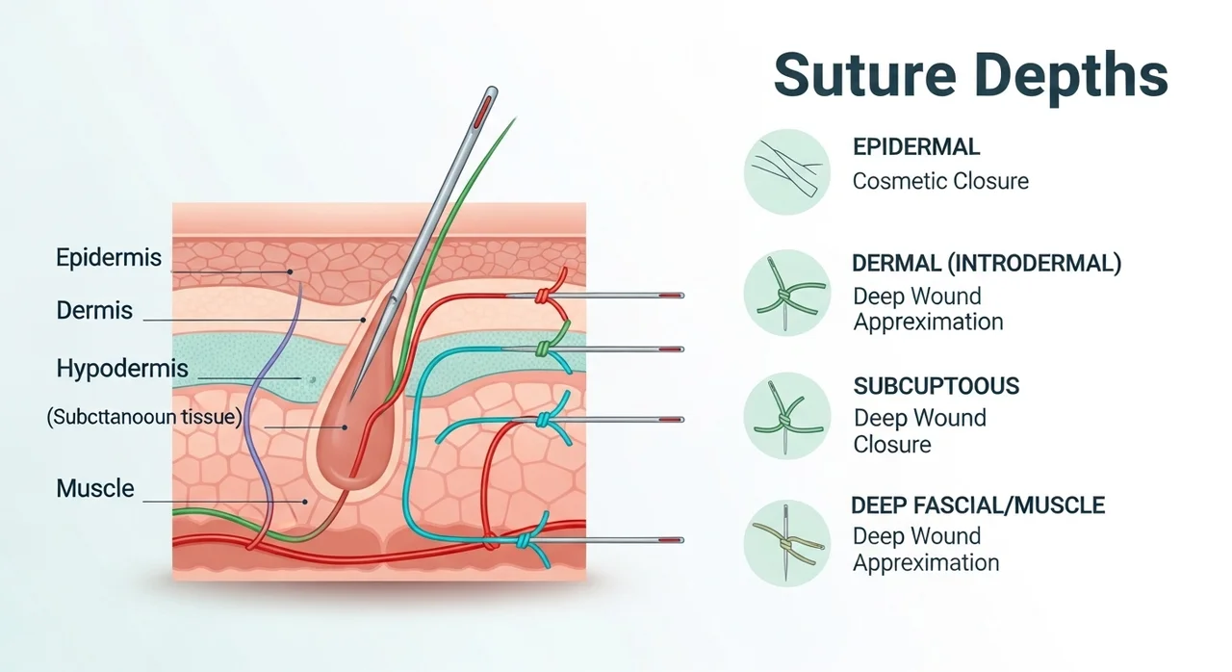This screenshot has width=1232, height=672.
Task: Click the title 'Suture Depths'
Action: (x=971, y=77)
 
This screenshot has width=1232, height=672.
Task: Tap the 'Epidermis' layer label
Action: (x=109, y=257)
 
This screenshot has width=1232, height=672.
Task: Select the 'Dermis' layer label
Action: (x=94, y=310)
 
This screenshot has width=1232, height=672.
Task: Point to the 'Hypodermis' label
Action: (x=122, y=368)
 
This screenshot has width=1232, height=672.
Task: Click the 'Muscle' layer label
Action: (x=95, y=488)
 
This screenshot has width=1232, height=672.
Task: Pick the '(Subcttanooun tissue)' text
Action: (x=144, y=417)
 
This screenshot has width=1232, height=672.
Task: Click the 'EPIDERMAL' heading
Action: (x=916, y=147)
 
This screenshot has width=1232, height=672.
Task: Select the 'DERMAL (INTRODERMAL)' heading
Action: (x=987, y=264)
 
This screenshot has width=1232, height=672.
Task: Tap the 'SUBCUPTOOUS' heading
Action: (x=937, y=386)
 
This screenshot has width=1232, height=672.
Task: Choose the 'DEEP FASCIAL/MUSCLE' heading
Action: (x=978, y=505)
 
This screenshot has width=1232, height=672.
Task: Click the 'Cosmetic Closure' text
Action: (x=940, y=181)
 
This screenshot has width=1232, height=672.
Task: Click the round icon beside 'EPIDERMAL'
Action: (x=787, y=171)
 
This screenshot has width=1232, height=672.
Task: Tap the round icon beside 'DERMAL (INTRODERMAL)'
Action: (x=787, y=293)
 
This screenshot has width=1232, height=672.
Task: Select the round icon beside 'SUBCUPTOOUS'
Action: (x=787, y=416)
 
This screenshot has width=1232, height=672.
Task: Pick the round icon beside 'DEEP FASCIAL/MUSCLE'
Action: (x=787, y=543)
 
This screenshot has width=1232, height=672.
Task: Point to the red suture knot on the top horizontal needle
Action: (x=542, y=297)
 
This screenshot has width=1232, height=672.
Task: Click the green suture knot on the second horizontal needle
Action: (x=544, y=349)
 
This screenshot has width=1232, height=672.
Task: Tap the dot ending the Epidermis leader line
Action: (x=290, y=271)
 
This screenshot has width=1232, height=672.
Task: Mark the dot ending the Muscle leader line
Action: (x=305, y=502)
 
